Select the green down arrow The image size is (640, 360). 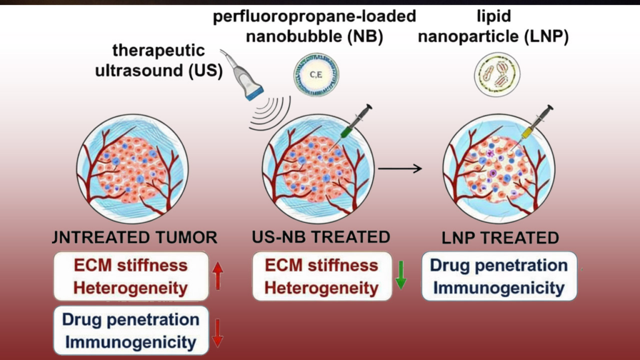[x=401, y=276]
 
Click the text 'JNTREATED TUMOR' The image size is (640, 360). [x=135, y=237]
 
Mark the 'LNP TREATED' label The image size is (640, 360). [x=499, y=237]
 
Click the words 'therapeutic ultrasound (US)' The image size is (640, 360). [x=159, y=60]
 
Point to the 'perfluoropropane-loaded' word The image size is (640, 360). [x=315, y=16]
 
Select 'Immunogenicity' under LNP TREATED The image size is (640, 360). [x=499, y=288]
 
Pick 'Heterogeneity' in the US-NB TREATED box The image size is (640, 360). [x=321, y=287]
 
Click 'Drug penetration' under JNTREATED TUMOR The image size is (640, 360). [x=131, y=319]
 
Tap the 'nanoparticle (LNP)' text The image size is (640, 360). [x=494, y=36]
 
